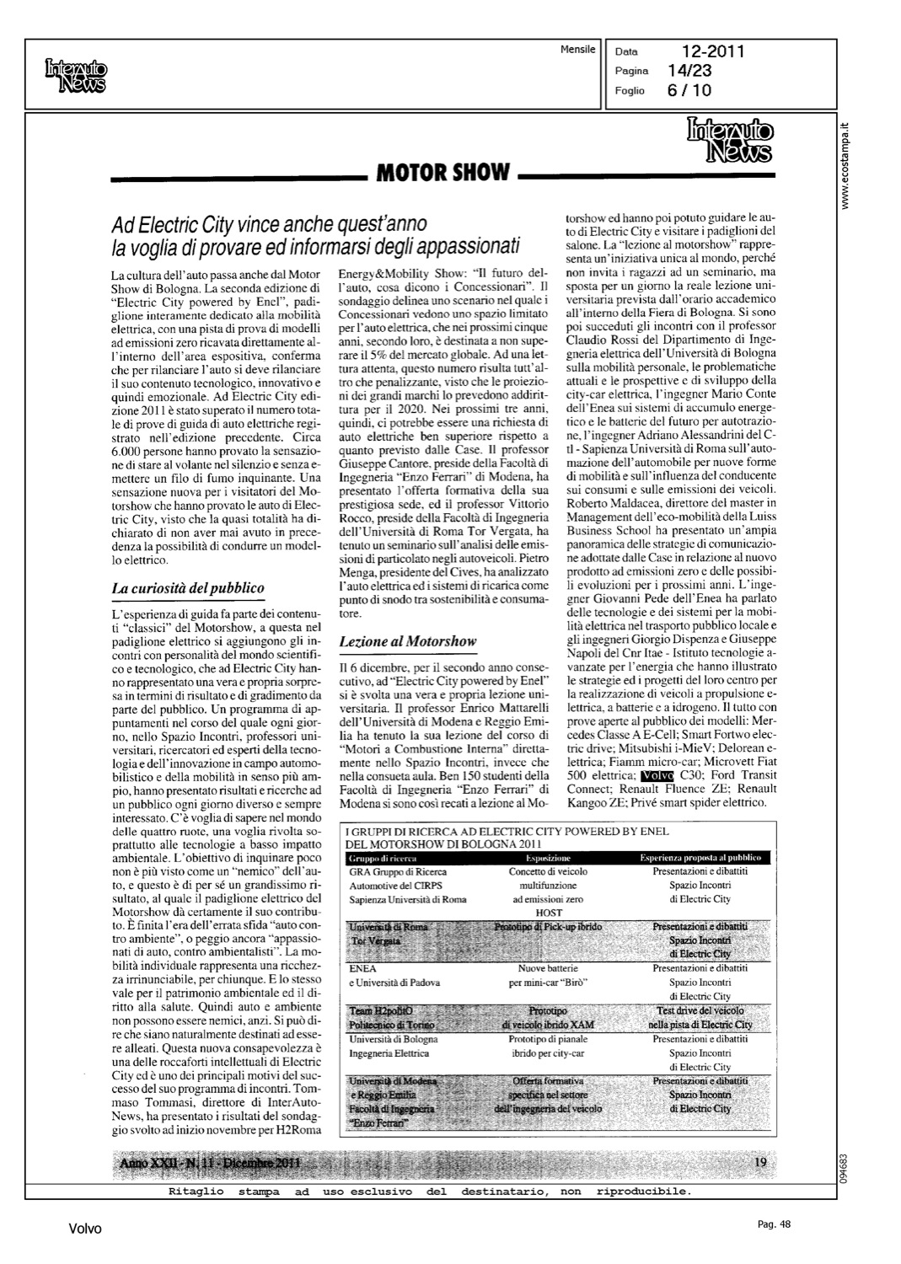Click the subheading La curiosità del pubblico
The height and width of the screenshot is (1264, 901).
(x=188, y=588)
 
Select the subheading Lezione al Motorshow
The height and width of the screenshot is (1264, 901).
(x=407, y=641)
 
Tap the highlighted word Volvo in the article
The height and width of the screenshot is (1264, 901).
(x=657, y=775)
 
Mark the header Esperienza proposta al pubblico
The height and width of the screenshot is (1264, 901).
(x=700, y=857)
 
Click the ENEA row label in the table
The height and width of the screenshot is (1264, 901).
(x=362, y=968)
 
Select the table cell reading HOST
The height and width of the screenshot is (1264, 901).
(x=549, y=913)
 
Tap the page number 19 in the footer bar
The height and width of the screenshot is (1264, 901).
(x=760, y=1162)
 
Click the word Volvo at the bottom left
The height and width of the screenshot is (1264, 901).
(x=84, y=1229)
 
